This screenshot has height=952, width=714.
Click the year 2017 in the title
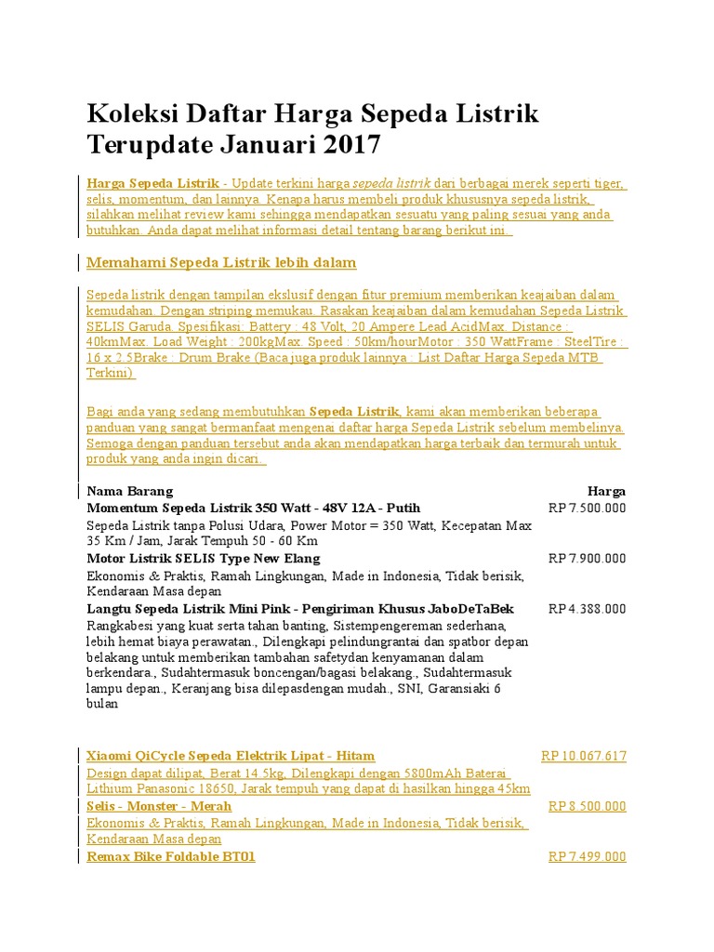pyautogui.click(x=352, y=144)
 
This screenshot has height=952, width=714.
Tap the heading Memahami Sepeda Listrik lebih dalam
pyautogui.click(x=221, y=262)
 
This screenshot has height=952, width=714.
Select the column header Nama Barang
pyautogui.click(x=129, y=491)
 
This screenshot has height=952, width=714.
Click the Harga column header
pyautogui.click(x=606, y=491)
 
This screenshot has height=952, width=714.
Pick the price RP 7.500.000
pyautogui.click(x=587, y=509)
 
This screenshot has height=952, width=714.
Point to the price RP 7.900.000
pyautogui.click(x=587, y=559)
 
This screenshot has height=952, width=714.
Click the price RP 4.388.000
pyautogui.click(x=587, y=609)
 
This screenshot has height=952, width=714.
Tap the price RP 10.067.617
pyautogui.click(x=584, y=756)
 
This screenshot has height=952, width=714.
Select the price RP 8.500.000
pyautogui.click(x=587, y=806)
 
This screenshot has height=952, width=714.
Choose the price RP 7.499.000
pyautogui.click(x=587, y=856)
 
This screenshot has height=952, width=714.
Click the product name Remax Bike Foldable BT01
pyautogui.click(x=170, y=856)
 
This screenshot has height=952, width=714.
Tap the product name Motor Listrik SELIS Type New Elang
pyautogui.click(x=203, y=559)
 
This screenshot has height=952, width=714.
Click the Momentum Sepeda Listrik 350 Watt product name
pyautogui.click(x=253, y=509)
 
